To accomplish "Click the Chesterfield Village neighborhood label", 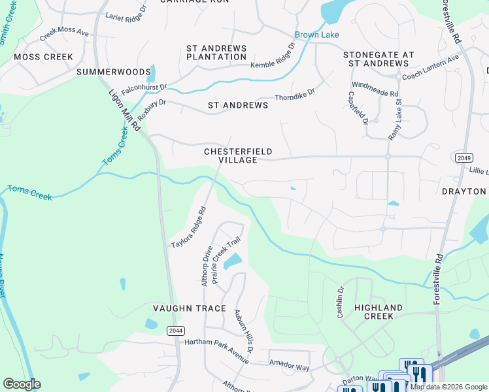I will click(x=237, y=155).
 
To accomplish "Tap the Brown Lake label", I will click(x=316, y=35).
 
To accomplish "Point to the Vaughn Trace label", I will click(x=189, y=308).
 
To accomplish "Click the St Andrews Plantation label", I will click(x=216, y=53).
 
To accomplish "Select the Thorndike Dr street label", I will click(x=295, y=95).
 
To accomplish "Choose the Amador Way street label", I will click(x=289, y=368).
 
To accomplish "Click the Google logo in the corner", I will click(x=22, y=384).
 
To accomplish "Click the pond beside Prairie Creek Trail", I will click(x=232, y=262).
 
